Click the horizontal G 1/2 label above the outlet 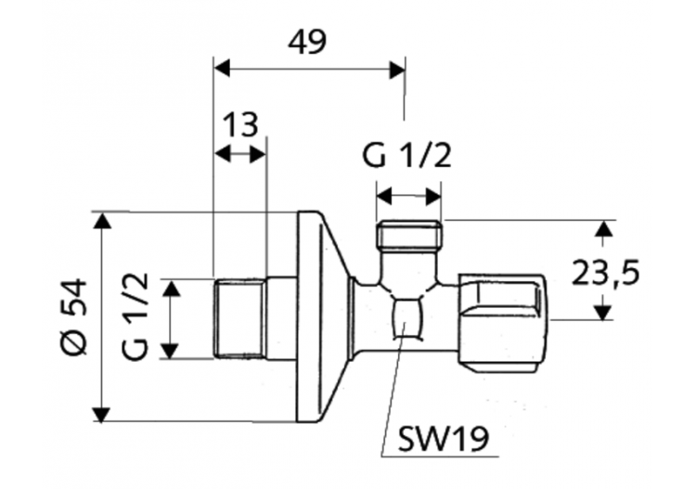(x=407, y=155)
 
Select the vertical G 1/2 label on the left (x=135, y=315)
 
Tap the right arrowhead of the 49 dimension (x=397, y=70)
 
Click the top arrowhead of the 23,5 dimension (x=604, y=227)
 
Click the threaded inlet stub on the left (x=239, y=317)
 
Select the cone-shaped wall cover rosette (x=320, y=315)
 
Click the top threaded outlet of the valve (x=409, y=236)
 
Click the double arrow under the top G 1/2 (x=408, y=196)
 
